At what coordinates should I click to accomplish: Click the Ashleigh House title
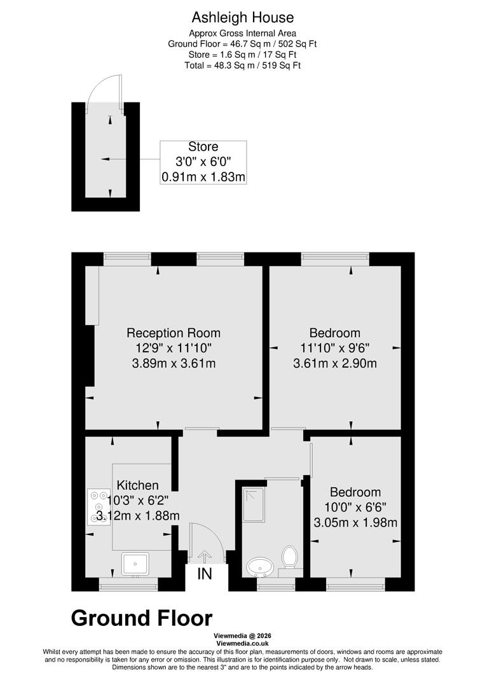(242, 18)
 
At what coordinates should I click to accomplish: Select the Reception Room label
(174, 333)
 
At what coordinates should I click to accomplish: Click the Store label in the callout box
(203, 148)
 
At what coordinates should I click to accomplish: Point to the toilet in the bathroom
(290, 557)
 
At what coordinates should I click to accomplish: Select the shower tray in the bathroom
(254, 504)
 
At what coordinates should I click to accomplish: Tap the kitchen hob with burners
(99, 506)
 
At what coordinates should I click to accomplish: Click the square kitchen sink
(135, 563)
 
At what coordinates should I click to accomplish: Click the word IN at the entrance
(205, 574)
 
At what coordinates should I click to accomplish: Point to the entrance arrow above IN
(205, 556)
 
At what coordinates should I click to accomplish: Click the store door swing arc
(102, 92)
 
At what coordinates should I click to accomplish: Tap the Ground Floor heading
(142, 618)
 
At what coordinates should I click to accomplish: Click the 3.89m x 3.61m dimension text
(174, 364)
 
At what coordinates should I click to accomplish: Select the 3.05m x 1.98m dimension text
(355, 523)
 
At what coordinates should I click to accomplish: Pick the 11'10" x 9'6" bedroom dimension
(334, 348)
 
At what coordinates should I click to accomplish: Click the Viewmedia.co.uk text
(242, 643)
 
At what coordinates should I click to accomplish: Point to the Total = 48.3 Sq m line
(242, 65)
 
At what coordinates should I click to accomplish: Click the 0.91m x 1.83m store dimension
(203, 177)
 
